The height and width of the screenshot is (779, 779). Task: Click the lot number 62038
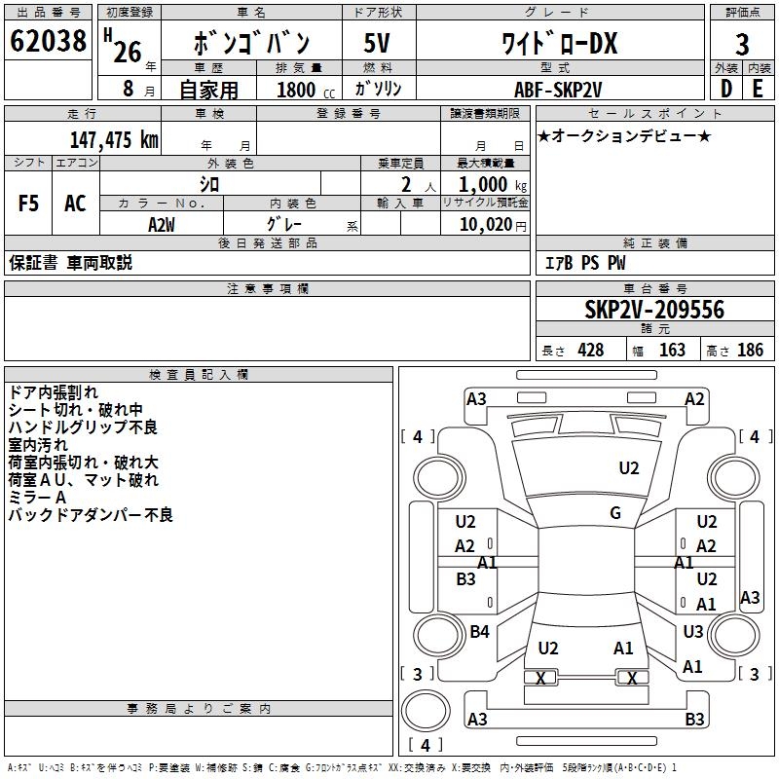pos(49,43)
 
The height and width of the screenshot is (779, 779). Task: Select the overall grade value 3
pos(742,45)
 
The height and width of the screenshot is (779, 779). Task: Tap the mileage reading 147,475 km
pos(113,140)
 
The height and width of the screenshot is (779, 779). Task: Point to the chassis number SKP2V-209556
pos(654,311)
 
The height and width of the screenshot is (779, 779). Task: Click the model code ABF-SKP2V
pos(557,89)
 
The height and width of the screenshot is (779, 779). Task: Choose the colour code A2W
pos(162,224)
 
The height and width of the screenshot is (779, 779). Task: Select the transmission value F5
pos(29,204)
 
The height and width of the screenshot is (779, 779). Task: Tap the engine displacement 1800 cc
pos(296,90)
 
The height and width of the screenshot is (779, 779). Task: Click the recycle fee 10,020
pos(485,225)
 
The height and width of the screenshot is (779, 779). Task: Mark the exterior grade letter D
pos(725,89)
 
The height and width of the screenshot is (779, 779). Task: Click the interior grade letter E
pos(759,89)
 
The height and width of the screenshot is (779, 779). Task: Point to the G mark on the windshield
pos(615,513)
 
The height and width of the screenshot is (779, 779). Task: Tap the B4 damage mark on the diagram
pos(479,632)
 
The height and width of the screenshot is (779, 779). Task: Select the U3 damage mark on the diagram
pos(693,632)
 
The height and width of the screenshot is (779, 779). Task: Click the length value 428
pos(590,351)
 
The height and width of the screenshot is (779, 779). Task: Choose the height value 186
pos(750,351)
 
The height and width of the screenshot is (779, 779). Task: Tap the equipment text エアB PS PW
pos(584,263)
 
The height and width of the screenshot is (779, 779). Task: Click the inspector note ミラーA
pos(37,498)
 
